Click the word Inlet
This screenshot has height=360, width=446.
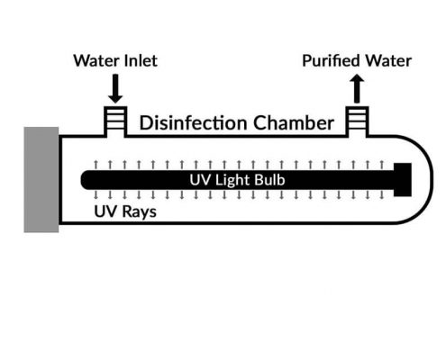click(141, 60)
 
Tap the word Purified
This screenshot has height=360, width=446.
click(332, 61)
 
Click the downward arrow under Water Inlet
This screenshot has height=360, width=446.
click(115, 88)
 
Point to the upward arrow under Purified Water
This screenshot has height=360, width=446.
click(357, 89)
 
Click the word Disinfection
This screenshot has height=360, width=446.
click(193, 122)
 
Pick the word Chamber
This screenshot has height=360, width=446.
click(294, 122)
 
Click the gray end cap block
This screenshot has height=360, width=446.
click(41, 179)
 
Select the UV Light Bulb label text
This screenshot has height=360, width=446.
click(237, 180)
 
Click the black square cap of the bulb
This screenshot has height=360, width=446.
click(403, 180)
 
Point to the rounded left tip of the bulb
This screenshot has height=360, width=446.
click(83, 180)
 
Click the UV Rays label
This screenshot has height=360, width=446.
click(125, 211)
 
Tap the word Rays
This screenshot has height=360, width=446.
click(140, 212)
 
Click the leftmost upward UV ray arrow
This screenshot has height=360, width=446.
click(96, 165)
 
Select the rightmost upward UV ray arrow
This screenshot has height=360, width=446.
click(382, 165)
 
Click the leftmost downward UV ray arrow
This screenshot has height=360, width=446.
click(96, 195)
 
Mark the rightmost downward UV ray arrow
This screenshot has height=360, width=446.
click(382, 195)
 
